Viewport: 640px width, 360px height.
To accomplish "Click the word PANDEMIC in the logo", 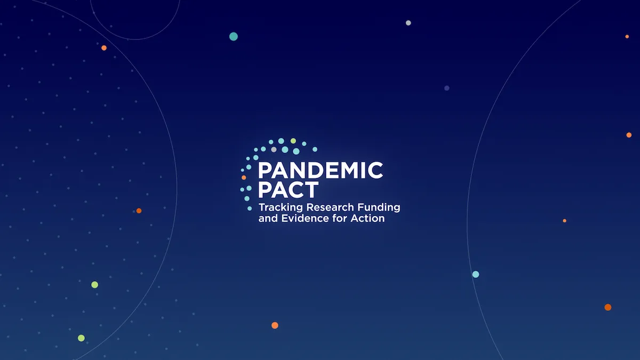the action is [321, 171].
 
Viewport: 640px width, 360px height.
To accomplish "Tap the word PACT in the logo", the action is [289, 190].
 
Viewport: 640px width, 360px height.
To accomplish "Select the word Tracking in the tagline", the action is [281, 207].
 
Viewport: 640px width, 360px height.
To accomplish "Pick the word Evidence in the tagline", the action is [305, 219].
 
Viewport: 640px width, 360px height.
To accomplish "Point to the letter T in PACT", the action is [311, 190].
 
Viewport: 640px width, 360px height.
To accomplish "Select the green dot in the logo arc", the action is [293, 141].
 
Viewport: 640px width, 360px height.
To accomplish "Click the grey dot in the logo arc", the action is [274, 149].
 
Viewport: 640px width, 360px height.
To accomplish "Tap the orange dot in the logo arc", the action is [244, 178].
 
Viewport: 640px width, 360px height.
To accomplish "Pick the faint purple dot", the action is [447, 88].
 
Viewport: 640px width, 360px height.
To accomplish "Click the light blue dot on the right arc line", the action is [476, 274].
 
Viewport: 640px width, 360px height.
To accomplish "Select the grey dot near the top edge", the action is [409, 23].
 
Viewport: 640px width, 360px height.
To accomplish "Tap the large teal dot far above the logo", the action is [234, 37].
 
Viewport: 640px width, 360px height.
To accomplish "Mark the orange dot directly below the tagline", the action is [275, 325].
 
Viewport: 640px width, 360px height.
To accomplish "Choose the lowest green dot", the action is [81, 338].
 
